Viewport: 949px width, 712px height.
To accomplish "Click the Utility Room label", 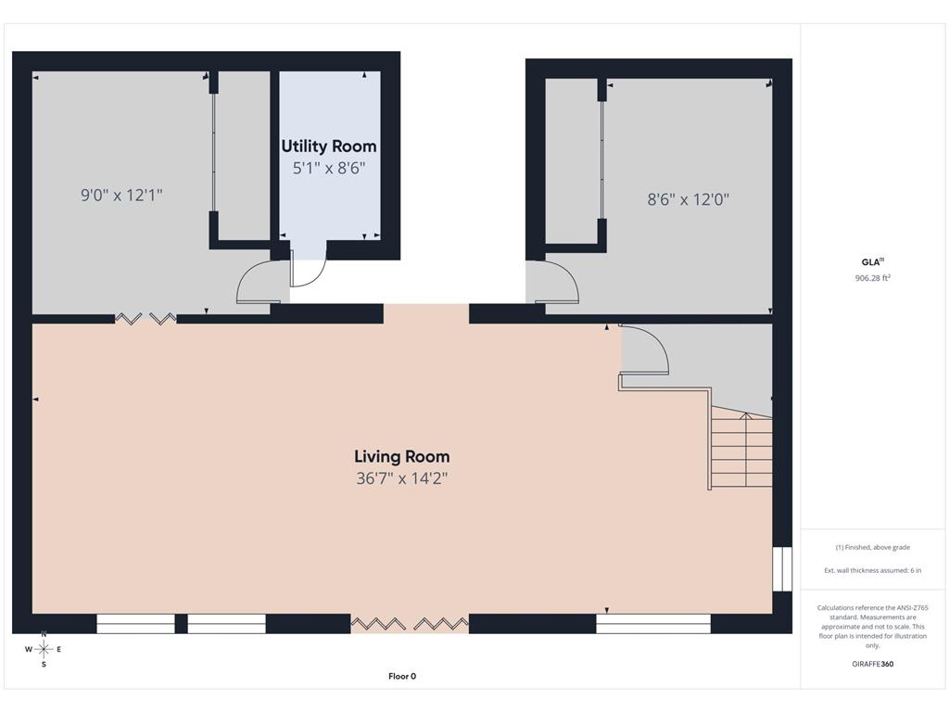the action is pos(329,146).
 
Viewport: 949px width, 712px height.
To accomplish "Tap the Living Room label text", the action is pos(402,456).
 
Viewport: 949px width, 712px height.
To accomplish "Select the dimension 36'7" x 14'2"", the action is pos(402,479).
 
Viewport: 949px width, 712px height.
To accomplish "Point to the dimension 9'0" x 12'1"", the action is pos(121,195).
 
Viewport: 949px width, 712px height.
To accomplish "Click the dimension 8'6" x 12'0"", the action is pos(689,199).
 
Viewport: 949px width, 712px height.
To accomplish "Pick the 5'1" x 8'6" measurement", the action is pos(329,169).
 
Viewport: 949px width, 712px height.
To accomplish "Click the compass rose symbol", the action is pos(44,649).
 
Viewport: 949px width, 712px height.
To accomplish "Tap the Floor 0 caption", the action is pos(402,676).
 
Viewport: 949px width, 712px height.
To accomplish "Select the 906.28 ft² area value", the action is pos(873,278).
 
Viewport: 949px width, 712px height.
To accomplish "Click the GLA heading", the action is pos(873,262).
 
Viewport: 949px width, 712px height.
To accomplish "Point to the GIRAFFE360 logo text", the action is pos(873,664).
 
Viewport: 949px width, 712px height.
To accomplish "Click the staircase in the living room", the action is pos(741,447).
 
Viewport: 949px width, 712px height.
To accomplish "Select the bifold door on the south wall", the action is pos(410,624).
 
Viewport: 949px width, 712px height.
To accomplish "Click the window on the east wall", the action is pos(782,569).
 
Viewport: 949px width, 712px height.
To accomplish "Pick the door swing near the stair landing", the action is pos(644,350).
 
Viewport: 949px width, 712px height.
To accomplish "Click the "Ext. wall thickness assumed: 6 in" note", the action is pos(873,570).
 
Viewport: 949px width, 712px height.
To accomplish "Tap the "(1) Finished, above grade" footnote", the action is pos(873,547).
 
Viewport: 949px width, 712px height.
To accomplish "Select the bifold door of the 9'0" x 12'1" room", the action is pos(146,319).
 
